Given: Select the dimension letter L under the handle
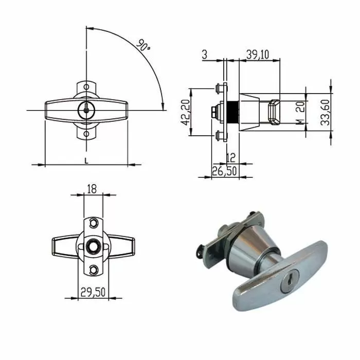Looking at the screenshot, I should click(x=86, y=160).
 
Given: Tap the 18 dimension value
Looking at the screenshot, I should click(x=92, y=189).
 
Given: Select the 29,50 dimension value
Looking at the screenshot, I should click(x=93, y=292).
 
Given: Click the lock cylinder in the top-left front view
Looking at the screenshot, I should click(x=86, y=109).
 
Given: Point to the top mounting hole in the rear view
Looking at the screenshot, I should click(x=93, y=223).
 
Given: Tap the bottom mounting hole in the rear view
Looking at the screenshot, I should click(x=93, y=270).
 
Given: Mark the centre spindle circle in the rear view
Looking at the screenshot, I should click(x=93, y=246).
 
